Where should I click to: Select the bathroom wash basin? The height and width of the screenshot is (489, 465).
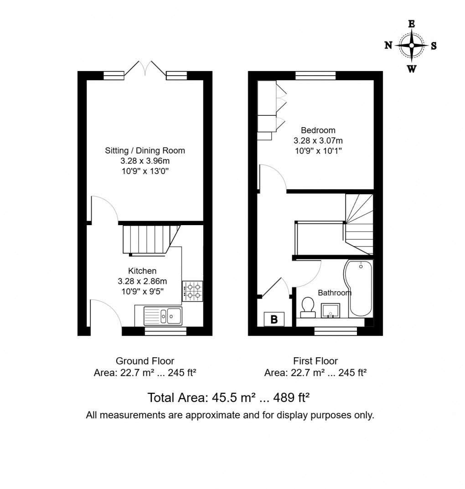click(332, 310)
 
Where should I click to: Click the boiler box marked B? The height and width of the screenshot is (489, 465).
click(274, 319)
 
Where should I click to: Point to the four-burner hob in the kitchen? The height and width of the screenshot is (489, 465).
click(193, 291)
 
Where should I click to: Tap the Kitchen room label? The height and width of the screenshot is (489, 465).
click(142, 271)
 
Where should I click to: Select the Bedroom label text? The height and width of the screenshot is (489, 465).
click(318, 130)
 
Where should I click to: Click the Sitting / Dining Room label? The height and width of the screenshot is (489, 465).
click(145, 150)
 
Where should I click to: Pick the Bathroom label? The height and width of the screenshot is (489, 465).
click(335, 293)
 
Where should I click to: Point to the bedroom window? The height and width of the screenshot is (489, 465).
click(315, 76)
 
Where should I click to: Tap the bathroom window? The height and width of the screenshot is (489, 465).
click(336, 331)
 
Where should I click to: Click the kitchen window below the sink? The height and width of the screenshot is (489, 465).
click(165, 331)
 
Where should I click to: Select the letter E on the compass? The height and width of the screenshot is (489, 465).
click(411, 24)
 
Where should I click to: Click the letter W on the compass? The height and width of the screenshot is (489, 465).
click(411, 69)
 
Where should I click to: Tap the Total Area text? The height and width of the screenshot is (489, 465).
click(229, 398)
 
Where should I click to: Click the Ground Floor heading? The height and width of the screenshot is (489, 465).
click(145, 361)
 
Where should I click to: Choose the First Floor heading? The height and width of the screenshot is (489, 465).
click(315, 361)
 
